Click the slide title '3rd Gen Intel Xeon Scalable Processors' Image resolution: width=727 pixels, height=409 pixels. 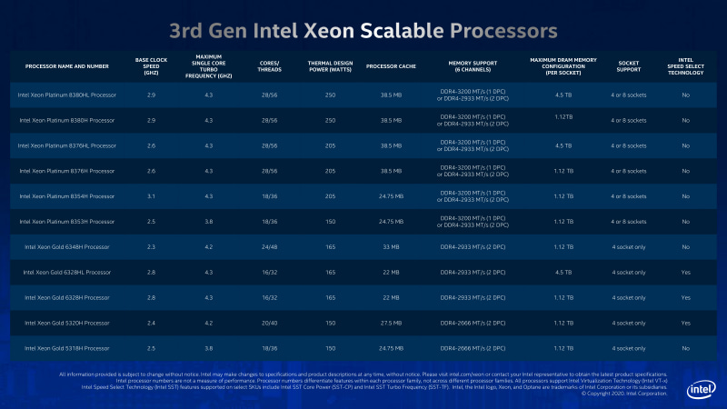point(363,31)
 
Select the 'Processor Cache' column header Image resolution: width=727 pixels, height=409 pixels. point(391,66)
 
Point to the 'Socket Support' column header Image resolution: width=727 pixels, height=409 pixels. point(628,66)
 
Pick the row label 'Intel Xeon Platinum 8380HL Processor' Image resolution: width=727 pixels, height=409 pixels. point(66,95)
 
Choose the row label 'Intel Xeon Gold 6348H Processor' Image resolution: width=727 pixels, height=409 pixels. point(65,246)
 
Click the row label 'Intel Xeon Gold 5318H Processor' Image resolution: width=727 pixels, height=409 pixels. point(65,348)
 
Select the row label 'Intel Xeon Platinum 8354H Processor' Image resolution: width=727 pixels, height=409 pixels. point(66,195)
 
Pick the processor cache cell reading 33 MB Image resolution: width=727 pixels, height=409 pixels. point(391,246)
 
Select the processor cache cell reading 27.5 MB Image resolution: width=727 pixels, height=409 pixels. point(391,323)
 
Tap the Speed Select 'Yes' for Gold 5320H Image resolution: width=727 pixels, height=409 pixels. point(685,323)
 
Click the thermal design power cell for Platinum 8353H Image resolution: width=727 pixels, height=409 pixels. point(331,221)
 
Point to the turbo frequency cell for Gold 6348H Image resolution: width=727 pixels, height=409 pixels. point(210,246)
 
